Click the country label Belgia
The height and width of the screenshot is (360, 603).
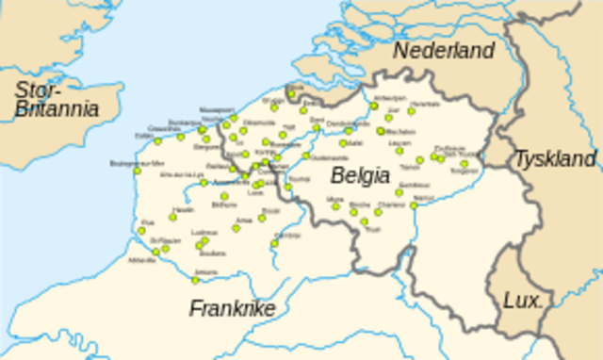360,175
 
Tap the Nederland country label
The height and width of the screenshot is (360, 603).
443,51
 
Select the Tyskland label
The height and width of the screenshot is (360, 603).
555,158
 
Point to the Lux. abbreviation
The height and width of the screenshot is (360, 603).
524,301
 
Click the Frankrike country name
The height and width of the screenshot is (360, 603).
232,308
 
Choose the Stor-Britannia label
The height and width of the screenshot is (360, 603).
57,100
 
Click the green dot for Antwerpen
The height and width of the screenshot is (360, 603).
374,106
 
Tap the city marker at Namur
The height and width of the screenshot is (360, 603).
414,205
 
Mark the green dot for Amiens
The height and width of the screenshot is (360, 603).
196,279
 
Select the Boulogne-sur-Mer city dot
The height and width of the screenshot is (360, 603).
138,171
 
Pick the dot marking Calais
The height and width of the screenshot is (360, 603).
157,141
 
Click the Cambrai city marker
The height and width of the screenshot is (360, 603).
275,242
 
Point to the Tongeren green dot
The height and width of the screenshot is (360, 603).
464,164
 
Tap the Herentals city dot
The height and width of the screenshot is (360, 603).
412,111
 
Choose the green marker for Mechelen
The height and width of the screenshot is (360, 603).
381,131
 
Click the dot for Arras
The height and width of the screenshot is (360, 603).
236,227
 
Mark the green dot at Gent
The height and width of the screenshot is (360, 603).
317,127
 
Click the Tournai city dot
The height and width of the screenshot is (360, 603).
287,186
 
